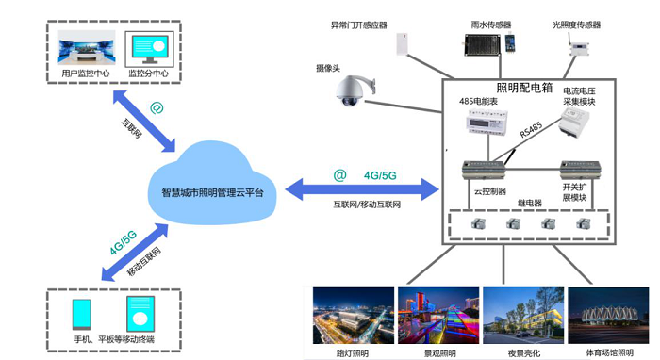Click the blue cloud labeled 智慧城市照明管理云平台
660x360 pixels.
click(x=212, y=184)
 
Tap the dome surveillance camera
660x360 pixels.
click(x=355, y=90)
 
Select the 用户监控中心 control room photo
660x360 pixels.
click(x=86, y=47)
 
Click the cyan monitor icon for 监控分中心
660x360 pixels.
click(x=149, y=49)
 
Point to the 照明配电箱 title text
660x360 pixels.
click(x=524, y=87)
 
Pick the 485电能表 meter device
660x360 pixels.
click(x=487, y=122)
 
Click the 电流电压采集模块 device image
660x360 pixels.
click(x=573, y=122)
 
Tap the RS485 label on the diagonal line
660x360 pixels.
click(x=531, y=130)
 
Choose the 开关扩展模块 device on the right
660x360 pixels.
click(x=580, y=170)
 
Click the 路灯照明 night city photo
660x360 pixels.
click(x=354, y=316)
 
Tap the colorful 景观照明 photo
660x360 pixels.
click(x=438, y=316)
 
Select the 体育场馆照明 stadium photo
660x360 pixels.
click(x=608, y=316)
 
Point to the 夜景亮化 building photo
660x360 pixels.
click(x=523, y=316)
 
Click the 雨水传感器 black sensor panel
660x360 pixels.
click(x=482, y=45)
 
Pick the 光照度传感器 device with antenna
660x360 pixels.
click(x=578, y=47)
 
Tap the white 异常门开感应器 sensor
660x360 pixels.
click(x=403, y=44)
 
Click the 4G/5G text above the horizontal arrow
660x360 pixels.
click(x=380, y=175)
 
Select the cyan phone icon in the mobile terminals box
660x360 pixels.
click(x=81, y=314)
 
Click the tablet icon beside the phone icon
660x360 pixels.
click(x=140, y=314)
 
